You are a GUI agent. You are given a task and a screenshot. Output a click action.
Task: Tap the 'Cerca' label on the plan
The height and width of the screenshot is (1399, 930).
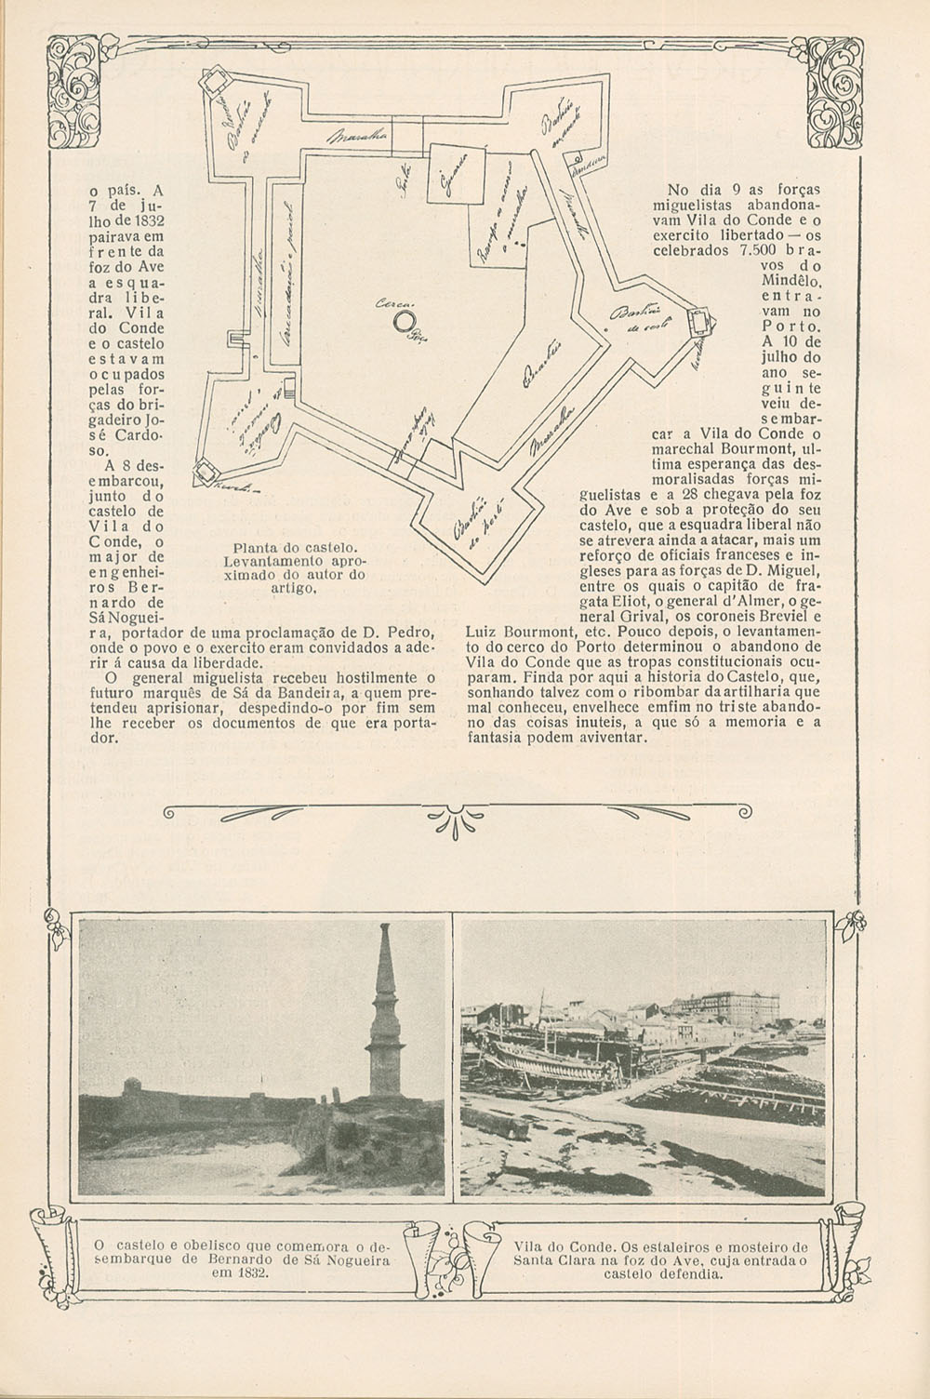point(389,304)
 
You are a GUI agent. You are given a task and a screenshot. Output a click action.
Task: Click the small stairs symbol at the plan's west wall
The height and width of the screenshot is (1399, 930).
point(288,396)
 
